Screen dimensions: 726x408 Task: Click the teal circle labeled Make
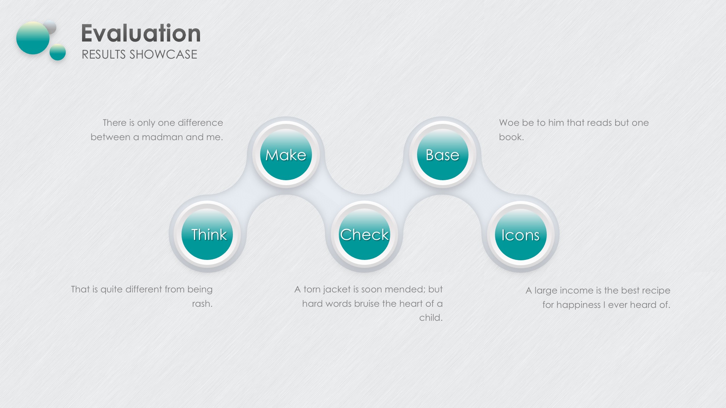286,155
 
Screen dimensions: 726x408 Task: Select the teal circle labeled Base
442,155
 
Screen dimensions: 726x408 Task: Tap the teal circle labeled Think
207,234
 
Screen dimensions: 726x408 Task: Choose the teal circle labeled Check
364,234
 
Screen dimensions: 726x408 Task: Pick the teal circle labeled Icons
521,235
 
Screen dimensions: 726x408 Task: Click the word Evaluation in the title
141,33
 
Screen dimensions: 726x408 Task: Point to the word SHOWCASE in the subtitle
163,54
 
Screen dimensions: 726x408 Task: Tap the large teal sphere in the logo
33,38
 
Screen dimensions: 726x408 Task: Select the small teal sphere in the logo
58,52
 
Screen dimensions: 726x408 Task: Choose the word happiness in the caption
578,305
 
